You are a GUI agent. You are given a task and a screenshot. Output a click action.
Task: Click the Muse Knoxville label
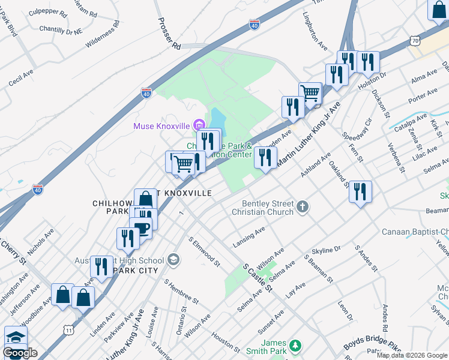coord(161,125)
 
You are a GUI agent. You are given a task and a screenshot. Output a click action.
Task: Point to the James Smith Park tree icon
coord(294,346)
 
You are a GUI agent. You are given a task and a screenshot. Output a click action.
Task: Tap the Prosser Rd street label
coord(169,34)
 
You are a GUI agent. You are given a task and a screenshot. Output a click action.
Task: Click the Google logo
coord(20,353)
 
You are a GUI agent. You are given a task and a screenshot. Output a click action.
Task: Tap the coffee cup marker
coord(142,228)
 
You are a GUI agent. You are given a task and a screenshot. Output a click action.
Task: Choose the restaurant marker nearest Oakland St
coord(360,192)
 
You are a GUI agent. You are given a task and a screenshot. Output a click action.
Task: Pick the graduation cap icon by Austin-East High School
coord(173,260)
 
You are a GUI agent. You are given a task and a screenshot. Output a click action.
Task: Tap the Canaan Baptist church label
coord(415,232)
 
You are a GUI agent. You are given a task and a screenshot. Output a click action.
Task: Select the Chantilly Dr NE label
coord(60,28)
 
